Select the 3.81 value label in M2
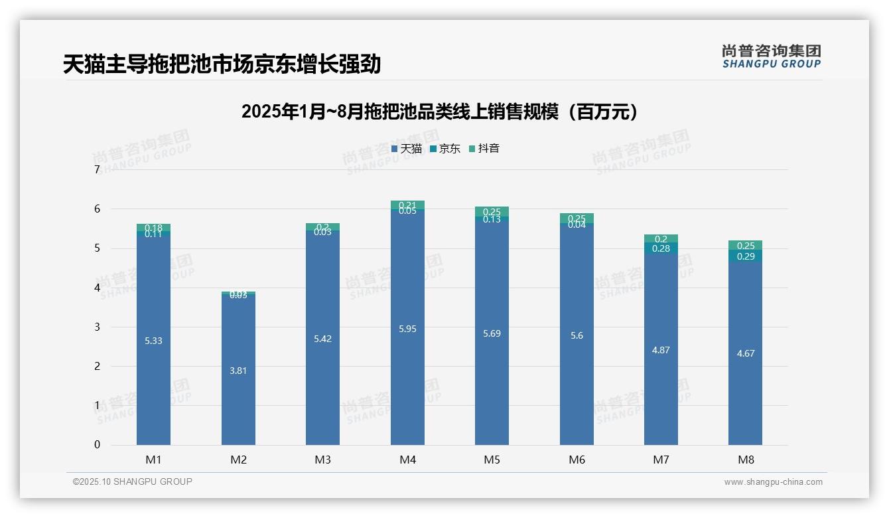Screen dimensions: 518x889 (x=238, y=371)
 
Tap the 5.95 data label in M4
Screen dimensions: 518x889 (x=407, y=329)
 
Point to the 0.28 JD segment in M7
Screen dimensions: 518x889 (x=661, y=248)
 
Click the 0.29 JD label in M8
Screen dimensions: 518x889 (x=746, y=256)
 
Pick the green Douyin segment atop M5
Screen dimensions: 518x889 (x=492, y=212)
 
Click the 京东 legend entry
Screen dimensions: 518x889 (x=445, y=149)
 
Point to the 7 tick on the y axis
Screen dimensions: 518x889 (x=98, y=170)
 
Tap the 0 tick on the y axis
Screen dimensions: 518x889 (x=98, y=445)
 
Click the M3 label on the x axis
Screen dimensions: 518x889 (x=322, y=460)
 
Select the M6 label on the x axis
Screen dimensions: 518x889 (x=577, y=460)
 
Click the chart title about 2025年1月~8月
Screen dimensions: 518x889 (x=439, y=112)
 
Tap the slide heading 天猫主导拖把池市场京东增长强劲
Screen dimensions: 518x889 (x=222, y=64)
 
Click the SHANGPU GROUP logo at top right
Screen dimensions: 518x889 (x=771, y=56)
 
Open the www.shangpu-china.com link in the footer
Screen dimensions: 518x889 (x=773, y=482)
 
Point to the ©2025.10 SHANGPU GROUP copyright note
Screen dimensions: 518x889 (x=133, y=482)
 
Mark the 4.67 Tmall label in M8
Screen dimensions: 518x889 (x=746, y=353)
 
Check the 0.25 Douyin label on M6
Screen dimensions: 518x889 (x=577, y=218)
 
